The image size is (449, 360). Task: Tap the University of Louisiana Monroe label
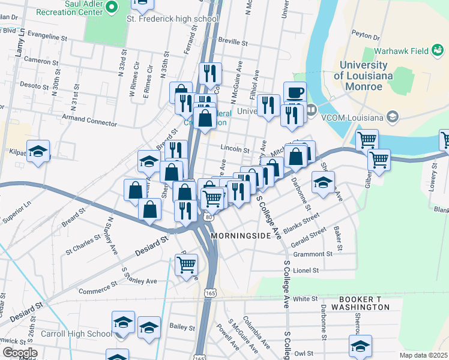363,76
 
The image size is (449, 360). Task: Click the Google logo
20,353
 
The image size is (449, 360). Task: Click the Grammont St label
313,254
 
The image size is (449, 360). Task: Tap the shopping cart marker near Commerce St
187,264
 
